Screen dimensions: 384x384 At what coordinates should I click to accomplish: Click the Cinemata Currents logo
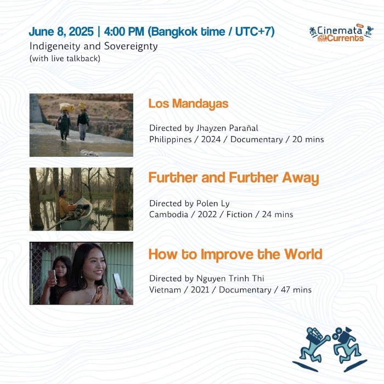(341, 33)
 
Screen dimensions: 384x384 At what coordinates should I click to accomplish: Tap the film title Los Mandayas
(188, 104)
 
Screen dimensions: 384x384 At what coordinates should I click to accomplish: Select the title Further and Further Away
(234, 178)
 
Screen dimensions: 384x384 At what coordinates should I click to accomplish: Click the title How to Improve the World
(235, 255)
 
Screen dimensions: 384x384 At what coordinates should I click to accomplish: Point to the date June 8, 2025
(61, 32)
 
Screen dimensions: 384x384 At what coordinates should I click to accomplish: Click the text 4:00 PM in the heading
(124, 32)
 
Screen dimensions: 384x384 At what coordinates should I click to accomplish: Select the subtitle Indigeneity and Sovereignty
(94, 46)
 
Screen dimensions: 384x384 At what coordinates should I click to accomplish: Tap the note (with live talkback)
(65, 59)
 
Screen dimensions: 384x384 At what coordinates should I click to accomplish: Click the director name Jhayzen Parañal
(227, 128)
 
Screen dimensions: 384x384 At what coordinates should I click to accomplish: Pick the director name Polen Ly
(213, 204)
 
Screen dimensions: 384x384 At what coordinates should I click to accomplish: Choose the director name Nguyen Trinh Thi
(230, 279)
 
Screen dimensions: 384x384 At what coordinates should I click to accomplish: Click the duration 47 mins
(296, 290)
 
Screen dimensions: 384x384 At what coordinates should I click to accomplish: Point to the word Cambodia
(169, 214)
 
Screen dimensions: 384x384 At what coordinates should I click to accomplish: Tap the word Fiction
(239, 214)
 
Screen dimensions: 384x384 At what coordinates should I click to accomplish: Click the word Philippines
(171, 139)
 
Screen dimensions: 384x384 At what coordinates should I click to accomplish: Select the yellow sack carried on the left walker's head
(67, 108)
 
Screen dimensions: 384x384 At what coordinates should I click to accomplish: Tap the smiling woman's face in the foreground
(95, 266)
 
